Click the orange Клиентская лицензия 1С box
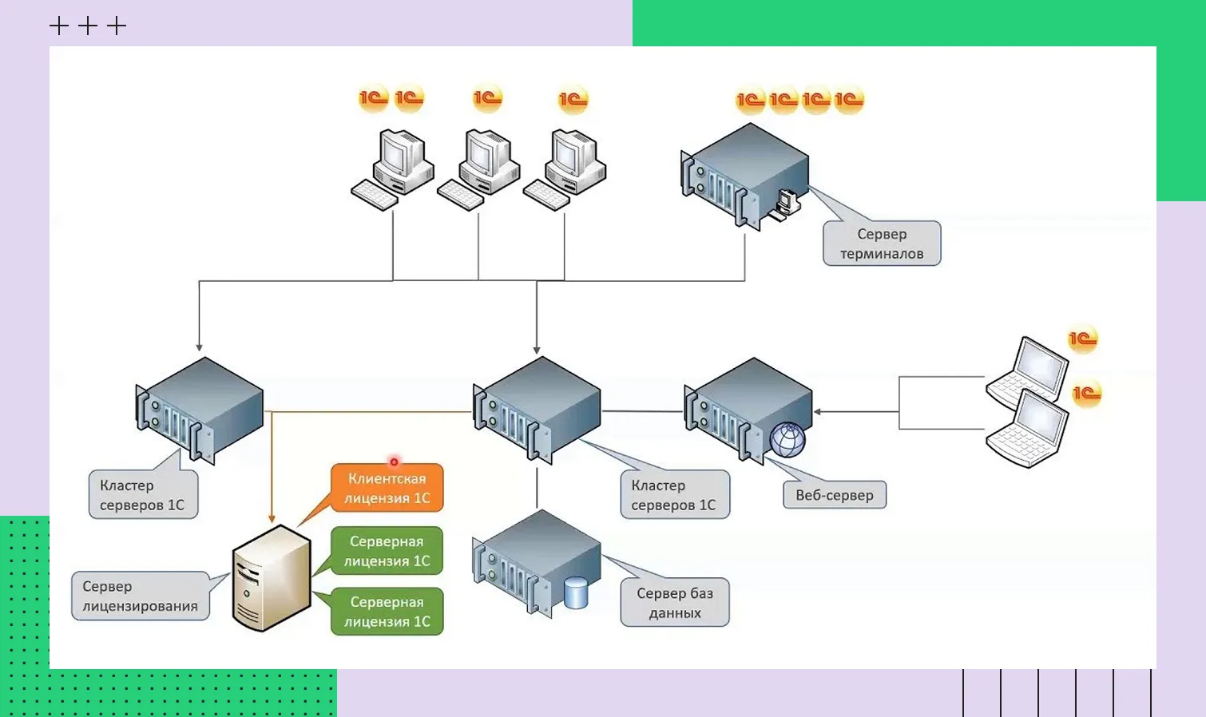[387, 488]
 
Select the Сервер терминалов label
[882, 244]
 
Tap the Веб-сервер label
[835, 495]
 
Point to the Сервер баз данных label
[675, 603]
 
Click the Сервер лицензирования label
[141, 596]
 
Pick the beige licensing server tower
[271, 578]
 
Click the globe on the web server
[787, 439]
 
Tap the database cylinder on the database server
[576, 593]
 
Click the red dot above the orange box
[394, 461]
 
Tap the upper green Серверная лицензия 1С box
[387, 551]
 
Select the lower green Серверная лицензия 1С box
[387, 612]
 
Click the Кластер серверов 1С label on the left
[143, 495]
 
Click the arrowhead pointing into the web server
[818, 412]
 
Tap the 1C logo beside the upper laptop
[1083, 339]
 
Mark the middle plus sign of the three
[88, 26]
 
